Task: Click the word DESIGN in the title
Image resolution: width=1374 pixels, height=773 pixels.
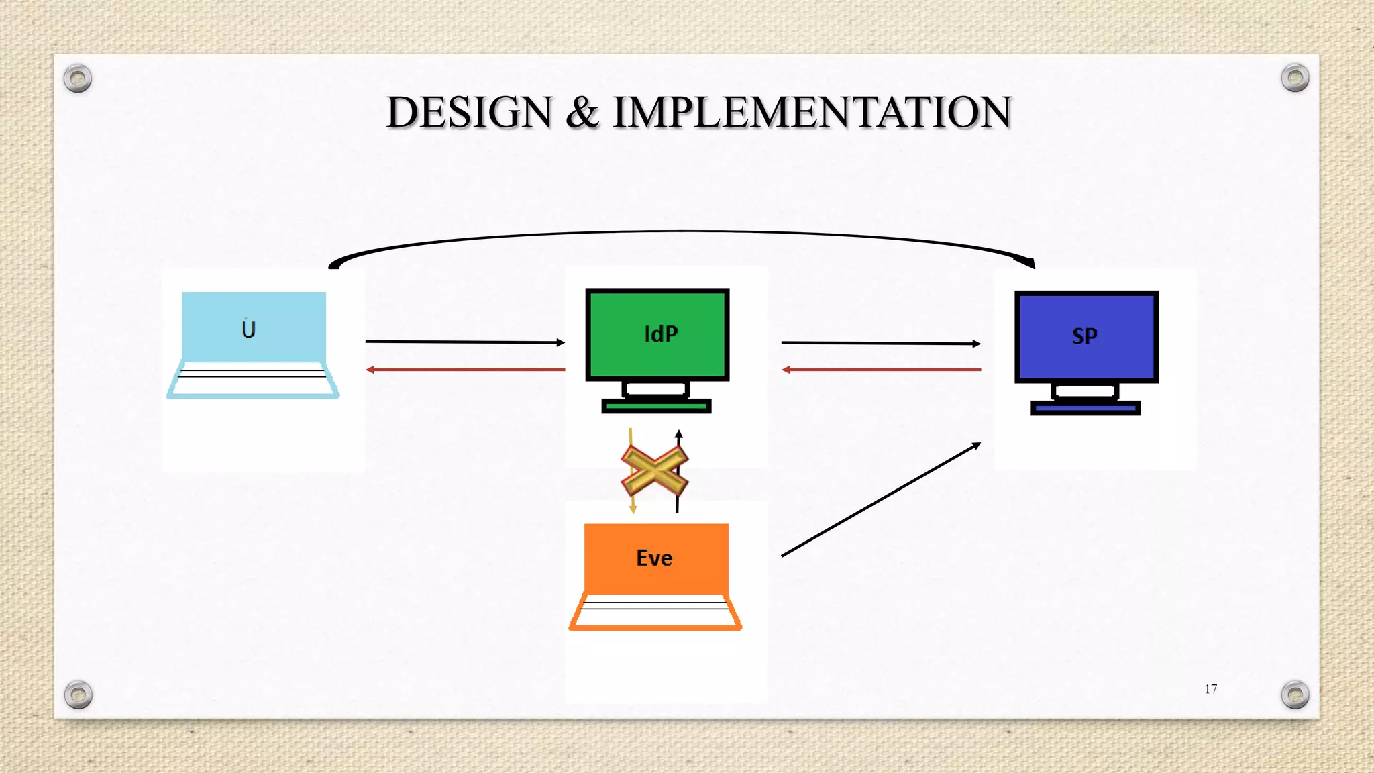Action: click(469, 112)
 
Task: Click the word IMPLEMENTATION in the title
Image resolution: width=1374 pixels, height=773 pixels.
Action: click(812, 112)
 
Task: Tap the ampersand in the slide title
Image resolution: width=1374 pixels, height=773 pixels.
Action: click(582, 112)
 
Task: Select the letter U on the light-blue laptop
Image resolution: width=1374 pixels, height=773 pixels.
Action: click(248, 329)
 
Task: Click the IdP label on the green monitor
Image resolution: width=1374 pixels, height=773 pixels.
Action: click(661, 334)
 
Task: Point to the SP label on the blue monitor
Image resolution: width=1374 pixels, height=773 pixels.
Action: click(1084, 336)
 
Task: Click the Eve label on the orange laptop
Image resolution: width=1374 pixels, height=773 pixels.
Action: click(654, 558)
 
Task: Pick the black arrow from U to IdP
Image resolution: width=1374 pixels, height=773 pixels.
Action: click(464, 342)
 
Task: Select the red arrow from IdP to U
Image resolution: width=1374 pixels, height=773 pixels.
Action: click(464, 370)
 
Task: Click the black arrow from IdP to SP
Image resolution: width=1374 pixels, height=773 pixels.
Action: click(880, 343)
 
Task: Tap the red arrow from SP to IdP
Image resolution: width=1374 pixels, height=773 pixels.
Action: click(880, 370)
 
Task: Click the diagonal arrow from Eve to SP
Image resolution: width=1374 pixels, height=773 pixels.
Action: click(880, 500)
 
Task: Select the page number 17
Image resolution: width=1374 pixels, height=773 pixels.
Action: click(1210, 689)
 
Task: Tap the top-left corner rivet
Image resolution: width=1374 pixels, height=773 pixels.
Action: click(78, 79)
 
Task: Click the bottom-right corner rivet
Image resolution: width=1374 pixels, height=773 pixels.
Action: click(1295, 694)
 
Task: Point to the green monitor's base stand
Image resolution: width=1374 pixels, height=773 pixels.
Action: click(656, 406)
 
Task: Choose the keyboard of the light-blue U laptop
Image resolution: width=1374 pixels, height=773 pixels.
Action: click(253, 380)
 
